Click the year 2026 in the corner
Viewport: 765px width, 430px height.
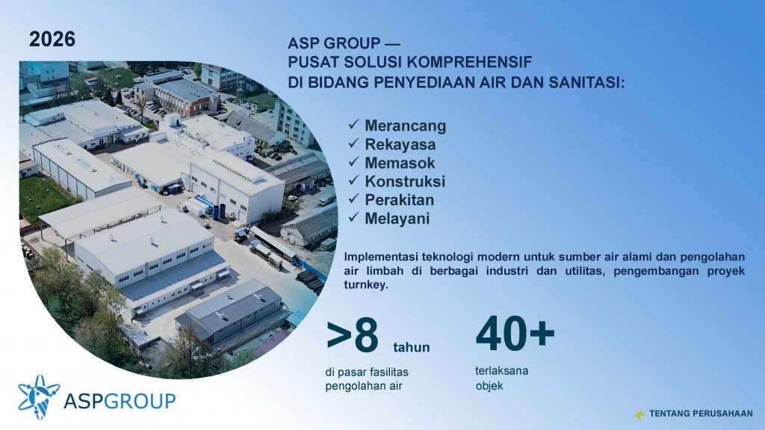tap(52, 40)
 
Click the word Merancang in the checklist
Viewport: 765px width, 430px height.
tap(406, 125)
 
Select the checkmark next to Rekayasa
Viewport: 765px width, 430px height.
tap(353, 143)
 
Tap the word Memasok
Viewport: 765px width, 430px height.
tap(400, 163)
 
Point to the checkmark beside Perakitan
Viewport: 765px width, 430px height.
tap(353, 199)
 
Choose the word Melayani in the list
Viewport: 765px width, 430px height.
tap(397, 219)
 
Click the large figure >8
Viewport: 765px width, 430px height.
tap(353, 336)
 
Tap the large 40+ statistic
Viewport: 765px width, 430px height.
tap(515, 334)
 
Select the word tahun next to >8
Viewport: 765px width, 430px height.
tap(412, 348)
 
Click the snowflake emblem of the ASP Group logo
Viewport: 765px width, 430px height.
tap(39, 396)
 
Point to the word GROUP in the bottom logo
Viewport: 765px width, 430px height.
tap(140, 401)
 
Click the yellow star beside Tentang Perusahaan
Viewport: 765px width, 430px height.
tap(639, 414)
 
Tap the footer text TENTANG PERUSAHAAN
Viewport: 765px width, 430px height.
tap(701, 414)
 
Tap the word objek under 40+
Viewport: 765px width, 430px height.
tap(489, 386)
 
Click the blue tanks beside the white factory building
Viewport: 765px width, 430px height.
tap(219, 211)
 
